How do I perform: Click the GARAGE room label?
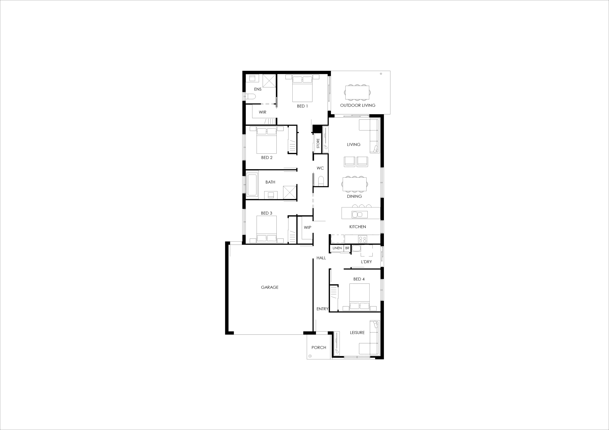click(270, 287)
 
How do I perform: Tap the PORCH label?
click(319, 348)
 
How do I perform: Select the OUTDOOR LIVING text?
click(358, 105)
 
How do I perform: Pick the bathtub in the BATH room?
click(252, 185)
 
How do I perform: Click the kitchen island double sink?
click(357, 214)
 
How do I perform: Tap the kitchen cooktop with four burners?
click(362, 239)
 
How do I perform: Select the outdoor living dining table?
click(357, 92)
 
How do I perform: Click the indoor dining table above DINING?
click(355, 184)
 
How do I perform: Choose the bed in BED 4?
click(359, 297)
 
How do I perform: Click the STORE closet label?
click(318, 143)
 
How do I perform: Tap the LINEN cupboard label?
click(337, 248)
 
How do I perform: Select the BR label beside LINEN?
click(347, 248)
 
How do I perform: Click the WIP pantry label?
click(307, 227)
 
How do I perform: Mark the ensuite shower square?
click(269, 81)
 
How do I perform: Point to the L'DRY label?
click(366, 262)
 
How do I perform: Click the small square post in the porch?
click(310, 356)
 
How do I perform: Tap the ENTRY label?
click(322, 309)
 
